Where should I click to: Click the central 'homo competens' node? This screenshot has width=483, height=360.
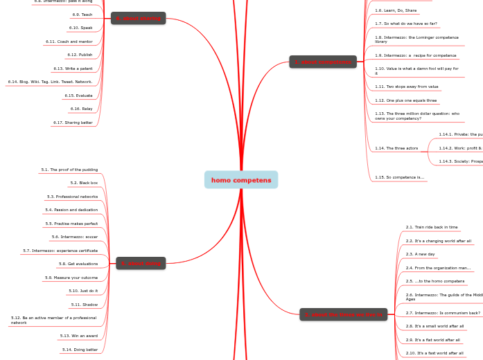(x=241, y=180)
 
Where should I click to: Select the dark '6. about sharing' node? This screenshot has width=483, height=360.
(x=138, y=19)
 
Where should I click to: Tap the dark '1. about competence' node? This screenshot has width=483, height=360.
(x=323, y=62)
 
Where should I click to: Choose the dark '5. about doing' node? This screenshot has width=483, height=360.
(x=141, y=263)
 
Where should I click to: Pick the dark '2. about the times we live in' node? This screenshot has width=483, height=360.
(x=342, y=315)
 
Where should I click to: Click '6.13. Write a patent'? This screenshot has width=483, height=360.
(x=73, y=69)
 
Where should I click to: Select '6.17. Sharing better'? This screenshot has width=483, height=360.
(x=73, y=123)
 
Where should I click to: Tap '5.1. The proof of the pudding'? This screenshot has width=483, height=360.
(x=69, y=169)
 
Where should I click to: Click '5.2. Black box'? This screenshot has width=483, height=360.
(x=84, y=183)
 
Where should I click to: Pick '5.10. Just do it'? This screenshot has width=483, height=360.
(x=83, y=291)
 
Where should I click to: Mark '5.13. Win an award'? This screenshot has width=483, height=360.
(x=79, y=336)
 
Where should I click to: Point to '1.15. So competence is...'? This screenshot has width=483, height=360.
(x=399, y=177)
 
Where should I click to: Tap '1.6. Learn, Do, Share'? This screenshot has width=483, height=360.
(x=396, y=10)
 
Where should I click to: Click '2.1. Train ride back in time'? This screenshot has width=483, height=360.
(x=432, y=227)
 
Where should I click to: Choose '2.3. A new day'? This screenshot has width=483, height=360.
(x=420, y=254)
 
